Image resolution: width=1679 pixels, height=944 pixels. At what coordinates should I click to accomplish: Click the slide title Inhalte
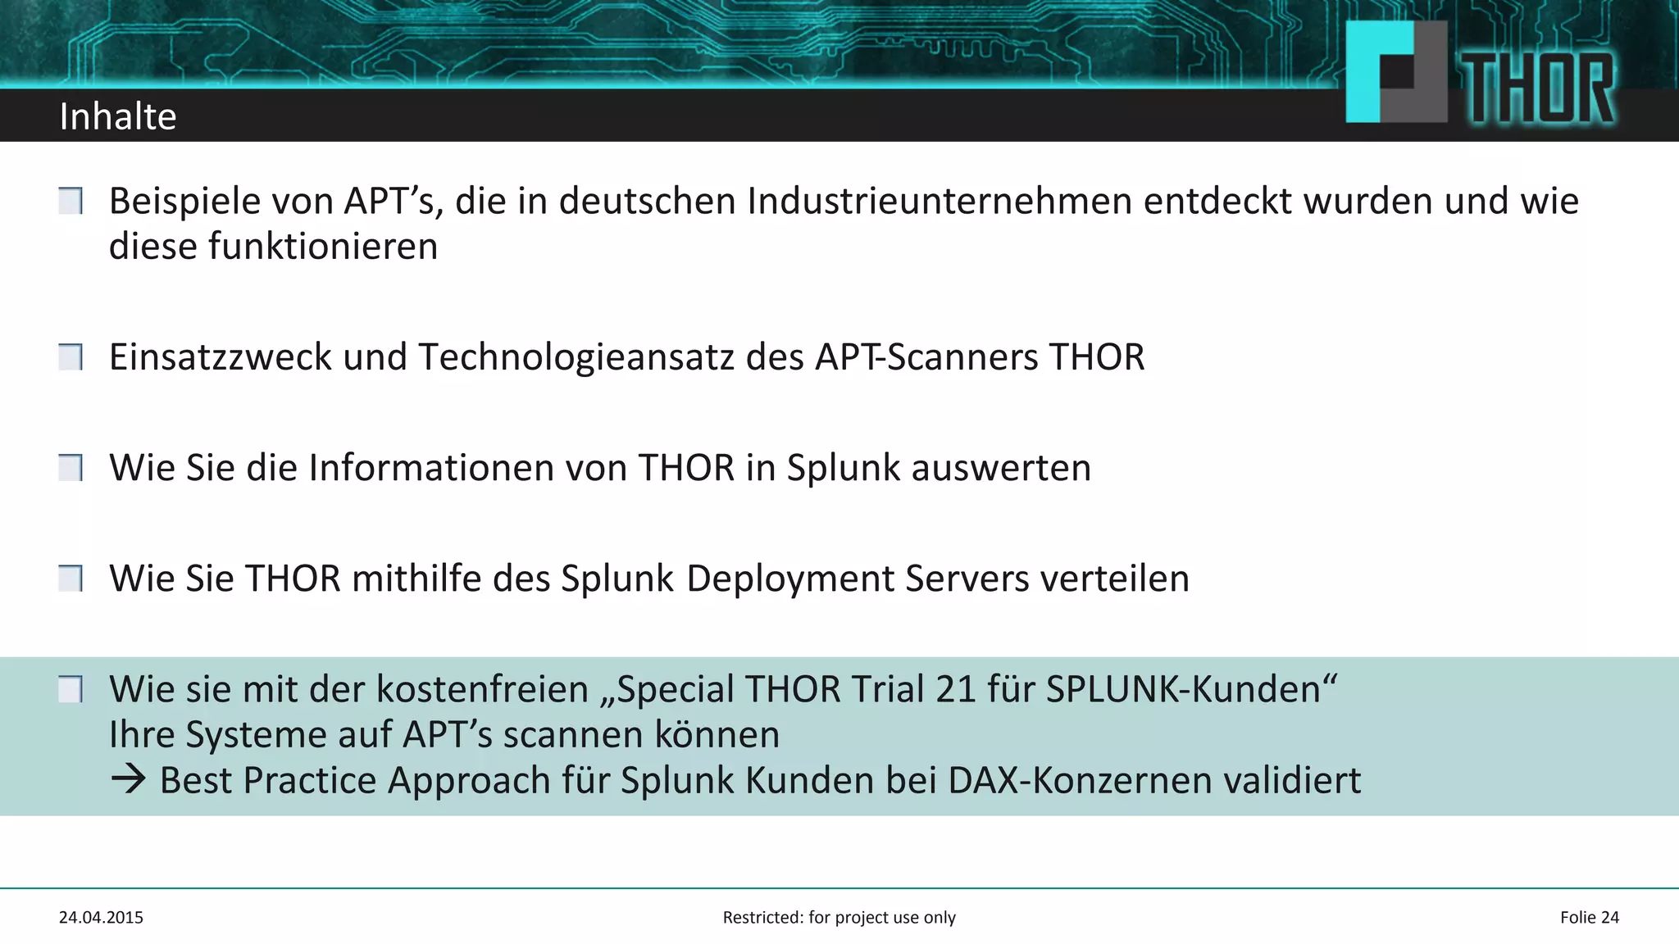[118, 116]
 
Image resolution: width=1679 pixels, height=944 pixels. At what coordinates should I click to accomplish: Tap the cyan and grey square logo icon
[1396, 72]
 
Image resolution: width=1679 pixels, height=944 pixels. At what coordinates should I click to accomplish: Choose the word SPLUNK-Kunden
[1190, 689]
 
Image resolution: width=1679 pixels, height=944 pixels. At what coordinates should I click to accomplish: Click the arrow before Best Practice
[129, 779]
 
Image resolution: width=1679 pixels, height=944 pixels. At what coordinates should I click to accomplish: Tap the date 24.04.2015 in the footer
[101, 918]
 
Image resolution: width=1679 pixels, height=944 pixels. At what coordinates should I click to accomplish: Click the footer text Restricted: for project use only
[839, 918]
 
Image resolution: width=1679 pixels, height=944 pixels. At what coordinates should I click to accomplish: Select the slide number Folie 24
[1589, 918]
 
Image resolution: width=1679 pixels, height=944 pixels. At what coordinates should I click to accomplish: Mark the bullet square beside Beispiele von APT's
[71, 201]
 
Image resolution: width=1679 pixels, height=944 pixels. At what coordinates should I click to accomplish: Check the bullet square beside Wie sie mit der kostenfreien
[71, 689]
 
